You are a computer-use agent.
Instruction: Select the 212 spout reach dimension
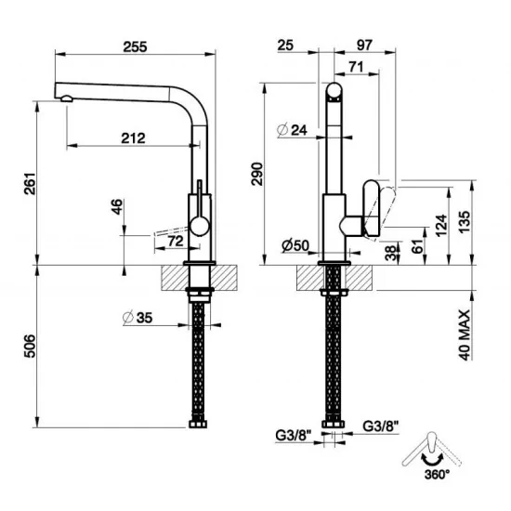[x=133, y=138]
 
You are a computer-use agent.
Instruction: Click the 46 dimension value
[x=116, y=206]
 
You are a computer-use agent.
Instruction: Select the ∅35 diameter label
[x=137, y=319]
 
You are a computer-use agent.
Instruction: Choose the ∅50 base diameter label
[x=295, y=246]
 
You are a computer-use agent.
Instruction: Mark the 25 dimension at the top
[x=285, y=45]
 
